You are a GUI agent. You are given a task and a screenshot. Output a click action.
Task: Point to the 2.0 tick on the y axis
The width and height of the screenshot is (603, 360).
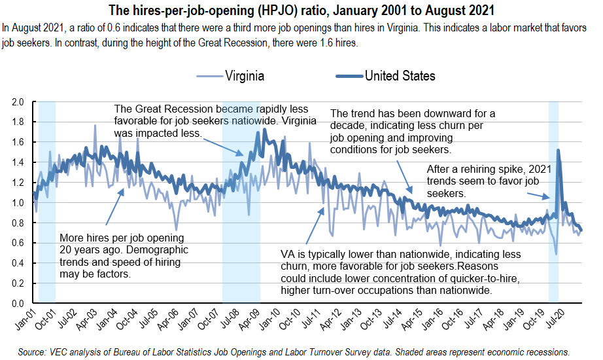click(x=18, y=102)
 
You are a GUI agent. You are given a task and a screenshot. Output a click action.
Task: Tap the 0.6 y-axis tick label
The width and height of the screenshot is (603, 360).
click(x=18, y=243)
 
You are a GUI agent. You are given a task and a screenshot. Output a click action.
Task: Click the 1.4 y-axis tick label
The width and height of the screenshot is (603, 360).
click(x=18, y=162)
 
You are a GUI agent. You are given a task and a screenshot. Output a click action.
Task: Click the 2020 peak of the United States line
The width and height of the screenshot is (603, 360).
click(x=558, y=151)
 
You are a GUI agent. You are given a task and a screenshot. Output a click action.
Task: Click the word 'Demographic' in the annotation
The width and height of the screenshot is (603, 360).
click(x=160, y=250)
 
